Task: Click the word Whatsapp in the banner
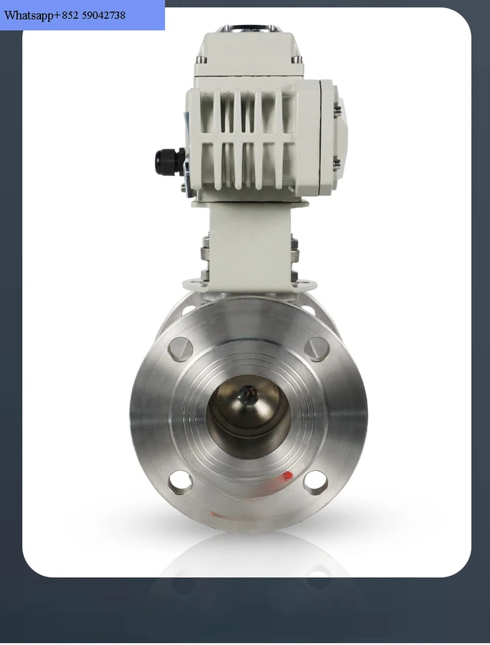(29, 16)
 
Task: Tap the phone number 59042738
(104, 15)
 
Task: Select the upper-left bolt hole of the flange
(180, 349)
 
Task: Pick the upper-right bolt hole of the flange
(317, 349)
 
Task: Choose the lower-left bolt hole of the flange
(180, 482)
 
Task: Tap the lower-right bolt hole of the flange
(315, 482)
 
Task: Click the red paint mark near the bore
(287, 476)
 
